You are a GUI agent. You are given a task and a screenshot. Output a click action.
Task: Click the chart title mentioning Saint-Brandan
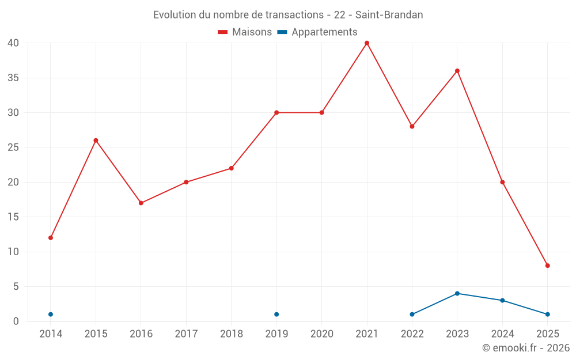click(x=288, y=15)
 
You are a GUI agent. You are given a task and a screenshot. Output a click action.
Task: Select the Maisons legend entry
click(x=245, y=32)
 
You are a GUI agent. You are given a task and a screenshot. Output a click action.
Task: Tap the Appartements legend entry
click(x=317, y=32)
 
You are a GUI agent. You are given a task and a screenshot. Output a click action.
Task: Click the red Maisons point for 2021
click(x=367, y=43)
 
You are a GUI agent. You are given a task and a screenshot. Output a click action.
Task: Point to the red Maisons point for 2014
click(x=51, y=238)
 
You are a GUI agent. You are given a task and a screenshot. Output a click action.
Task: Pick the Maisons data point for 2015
click(x=96, y=141)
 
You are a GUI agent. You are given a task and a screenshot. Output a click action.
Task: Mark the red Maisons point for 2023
click(x=457, y=71)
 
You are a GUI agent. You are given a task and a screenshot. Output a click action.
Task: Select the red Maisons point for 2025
click(x=548, y=266)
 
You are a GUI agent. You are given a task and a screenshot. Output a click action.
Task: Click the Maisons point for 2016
click(x=141, y=203)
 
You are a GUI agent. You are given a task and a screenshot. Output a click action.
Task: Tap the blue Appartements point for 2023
click(x=457, y=294)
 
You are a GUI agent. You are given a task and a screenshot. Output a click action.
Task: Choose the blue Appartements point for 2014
click(x=51, y=314)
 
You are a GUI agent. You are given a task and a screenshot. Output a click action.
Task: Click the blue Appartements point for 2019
click(x=276, y=314)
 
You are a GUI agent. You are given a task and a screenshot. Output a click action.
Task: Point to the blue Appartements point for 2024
click(x=502, y=301)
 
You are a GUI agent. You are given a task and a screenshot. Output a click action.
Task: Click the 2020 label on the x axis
click(x=322, y=334)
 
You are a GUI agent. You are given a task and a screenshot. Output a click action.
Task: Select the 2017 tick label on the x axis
click(x=186, y=334)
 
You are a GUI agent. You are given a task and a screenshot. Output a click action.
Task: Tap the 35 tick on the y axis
click(x=13, y=78)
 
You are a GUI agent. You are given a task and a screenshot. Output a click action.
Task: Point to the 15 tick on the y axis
click(x=13, y=217)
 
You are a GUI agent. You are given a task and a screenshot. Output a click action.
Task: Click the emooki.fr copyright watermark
click(x=526, y=348)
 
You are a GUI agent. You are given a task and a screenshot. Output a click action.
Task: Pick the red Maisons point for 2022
click(x=412, y=127)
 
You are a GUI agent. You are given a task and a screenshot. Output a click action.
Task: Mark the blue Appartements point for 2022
click(x=412, y=314)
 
